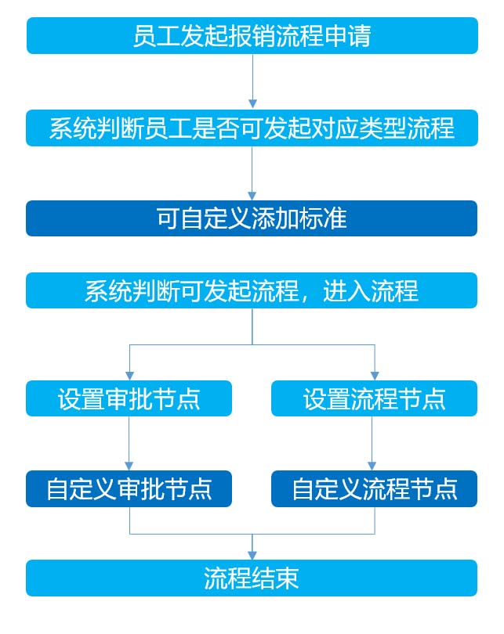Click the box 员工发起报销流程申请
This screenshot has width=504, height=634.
pyautogui.click(x=252, y=35)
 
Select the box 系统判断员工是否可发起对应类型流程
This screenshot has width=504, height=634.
pyautogui.click(x=252, y=128)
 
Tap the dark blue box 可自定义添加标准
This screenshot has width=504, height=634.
pyautogui.click(x=252, y=218)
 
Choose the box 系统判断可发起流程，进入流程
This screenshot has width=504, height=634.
pyautogui.click(x=252, y=290)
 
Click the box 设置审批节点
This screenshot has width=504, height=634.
pyautogui.click(x=129, y=398)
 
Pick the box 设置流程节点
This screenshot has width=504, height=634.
pyautogui.click(x=374, y=398)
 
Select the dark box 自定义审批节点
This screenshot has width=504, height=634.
pyautogui.click(x=129, y=488)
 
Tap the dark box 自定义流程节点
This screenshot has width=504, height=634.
pyautogui.click(x=374, y=488)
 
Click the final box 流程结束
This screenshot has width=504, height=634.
pyautogui.click(x=252, y=578)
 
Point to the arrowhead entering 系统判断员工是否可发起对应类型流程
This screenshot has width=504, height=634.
pyautogui.click(x=252, y=104)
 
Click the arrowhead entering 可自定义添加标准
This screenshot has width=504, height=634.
pyautogui.click(x=252, y=196)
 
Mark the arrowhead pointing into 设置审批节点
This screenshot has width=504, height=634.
pyautogui.click(x=129, y=376)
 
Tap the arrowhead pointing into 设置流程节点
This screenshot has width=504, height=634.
pyautogui.click(x=375, y=376)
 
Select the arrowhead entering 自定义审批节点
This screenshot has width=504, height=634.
pyautogui.click(x=129, y=466)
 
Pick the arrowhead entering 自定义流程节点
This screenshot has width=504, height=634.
pyautogui.click(x=372, y=466)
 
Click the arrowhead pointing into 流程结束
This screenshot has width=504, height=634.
pyautogui.click(x=252, y=555)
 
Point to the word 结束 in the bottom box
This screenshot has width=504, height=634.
pyautogui.click(x=275, y=578)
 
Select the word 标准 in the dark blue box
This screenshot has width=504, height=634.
pyautogui.click(x=323, y=218)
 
